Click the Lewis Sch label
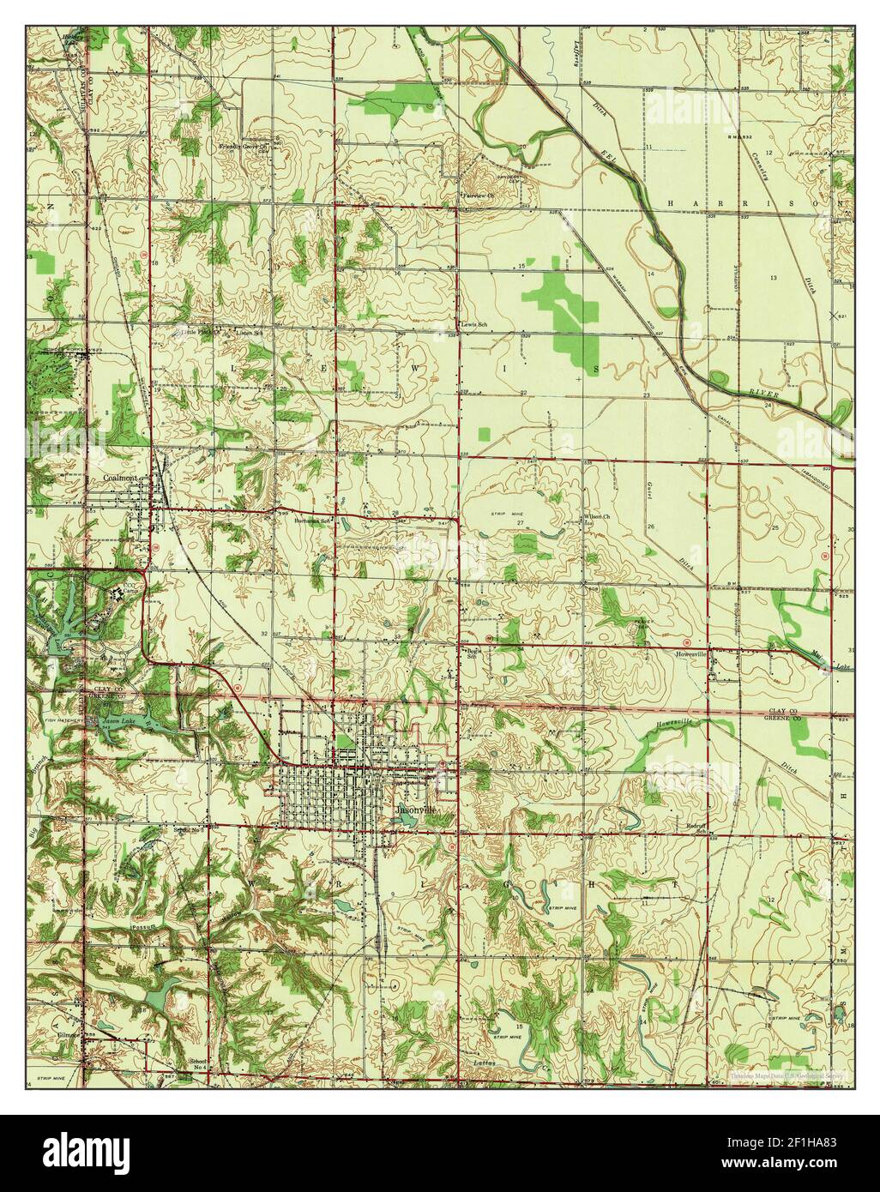pyautogui.click(x=475, y=325)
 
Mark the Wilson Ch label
pyautogui.click(x=597, y=516)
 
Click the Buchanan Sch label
pyautogui.click(x=313, y=521)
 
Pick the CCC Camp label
pyautogui.click(x=130, y=590)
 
